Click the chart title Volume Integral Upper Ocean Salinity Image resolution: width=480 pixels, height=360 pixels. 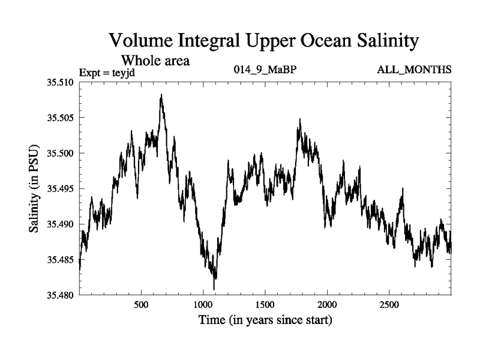pyautogui.click(x=263, y=41)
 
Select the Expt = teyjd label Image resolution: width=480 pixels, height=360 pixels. pyautogui.click(x=110, y=74)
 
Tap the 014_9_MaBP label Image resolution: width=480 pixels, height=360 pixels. pyautogui.click(x=265, y=70)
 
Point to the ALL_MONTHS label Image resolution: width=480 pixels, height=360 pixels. pyautogui.click(x=414, y=70)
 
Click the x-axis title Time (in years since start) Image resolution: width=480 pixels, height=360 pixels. pyautogui.click(x=265, y=320)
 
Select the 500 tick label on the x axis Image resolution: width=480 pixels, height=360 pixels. pyautogui.click(x=141, y=304)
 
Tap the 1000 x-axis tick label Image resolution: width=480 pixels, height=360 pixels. pyautogui.click(x=203, y=304)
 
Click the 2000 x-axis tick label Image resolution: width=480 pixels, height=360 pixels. pyautogui.click(x=327, y=304)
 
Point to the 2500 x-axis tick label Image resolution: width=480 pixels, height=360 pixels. pyautogui.click(x=389, y=304)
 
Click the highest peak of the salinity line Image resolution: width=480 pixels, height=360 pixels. pyautogui.click(x=161, y=95)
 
